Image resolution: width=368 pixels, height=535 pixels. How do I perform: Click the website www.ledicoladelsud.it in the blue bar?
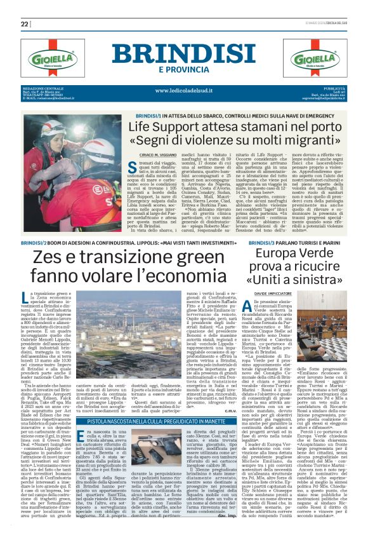click(184, 90)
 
